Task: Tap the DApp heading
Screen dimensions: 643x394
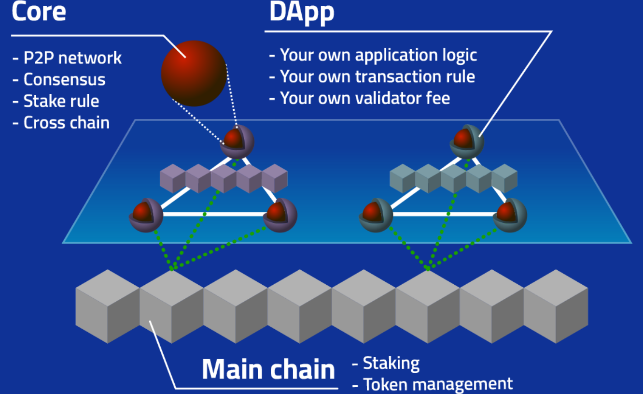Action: point(302,13)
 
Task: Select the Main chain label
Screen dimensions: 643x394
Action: point(268,369)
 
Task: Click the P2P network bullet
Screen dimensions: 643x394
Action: point(67,58)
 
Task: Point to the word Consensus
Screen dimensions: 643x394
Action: point(64,79)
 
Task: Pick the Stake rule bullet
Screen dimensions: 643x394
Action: point(56,101)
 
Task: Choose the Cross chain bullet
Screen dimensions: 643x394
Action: point(61,123)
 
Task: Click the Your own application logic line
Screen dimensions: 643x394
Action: point(373,56)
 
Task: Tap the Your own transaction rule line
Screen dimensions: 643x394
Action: point(372,77)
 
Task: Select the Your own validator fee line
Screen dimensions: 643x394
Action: point(360,98)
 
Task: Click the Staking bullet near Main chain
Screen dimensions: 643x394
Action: point(386,364)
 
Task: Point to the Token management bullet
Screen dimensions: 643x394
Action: point(433,384)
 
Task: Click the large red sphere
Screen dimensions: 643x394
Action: point(194,73)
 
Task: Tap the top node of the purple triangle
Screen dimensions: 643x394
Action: point(237,142)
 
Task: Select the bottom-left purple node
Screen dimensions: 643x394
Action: point(146,215)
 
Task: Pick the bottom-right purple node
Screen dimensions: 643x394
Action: point(280,215)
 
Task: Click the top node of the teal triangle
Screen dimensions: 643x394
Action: point(467,142)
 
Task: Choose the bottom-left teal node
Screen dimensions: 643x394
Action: point(376,215)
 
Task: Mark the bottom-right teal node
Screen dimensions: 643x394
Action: point(510,215)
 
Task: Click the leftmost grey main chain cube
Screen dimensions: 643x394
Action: point(108,306)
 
